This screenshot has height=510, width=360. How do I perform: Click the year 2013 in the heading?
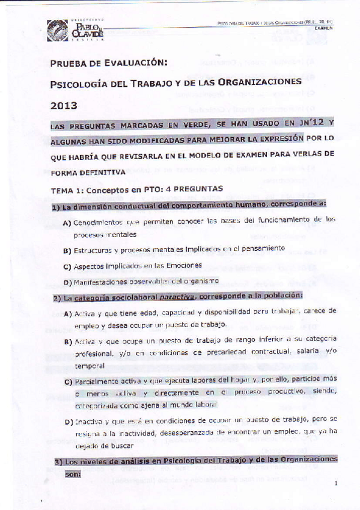coord(64,105)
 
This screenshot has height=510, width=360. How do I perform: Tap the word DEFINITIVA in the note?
coord(104,171)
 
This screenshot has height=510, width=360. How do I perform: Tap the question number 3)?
coord(58,460)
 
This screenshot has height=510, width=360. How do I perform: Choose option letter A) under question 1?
coord(67,223)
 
